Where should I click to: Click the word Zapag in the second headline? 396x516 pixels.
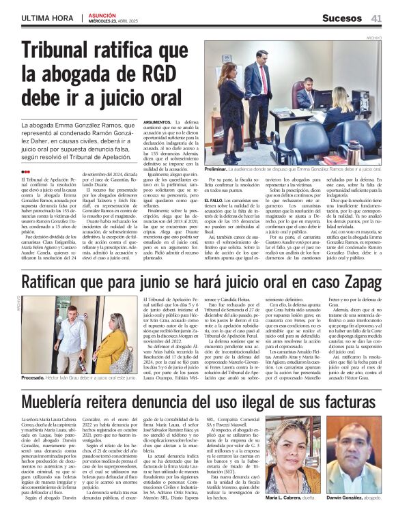point(354,282)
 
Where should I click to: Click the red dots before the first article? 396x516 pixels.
point(26,172)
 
